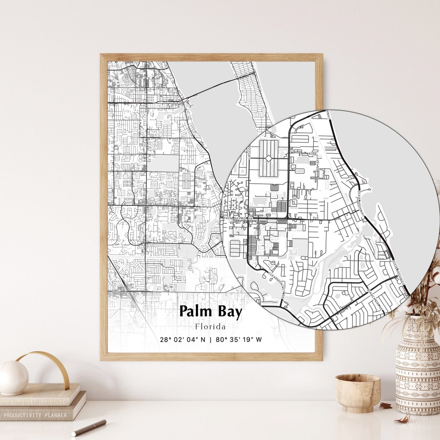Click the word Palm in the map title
click(x=196, y=312)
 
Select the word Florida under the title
click(x=210, y=327)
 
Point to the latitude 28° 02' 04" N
click(x=183, y=339)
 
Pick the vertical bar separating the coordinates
click(x=210, y=339)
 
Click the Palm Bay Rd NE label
click(x=238, y=218)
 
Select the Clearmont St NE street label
click(x=277, y=286)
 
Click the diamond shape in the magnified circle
click(x=268, y=158)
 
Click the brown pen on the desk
click(x=89, y=427)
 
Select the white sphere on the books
click(x=14, y=377)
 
